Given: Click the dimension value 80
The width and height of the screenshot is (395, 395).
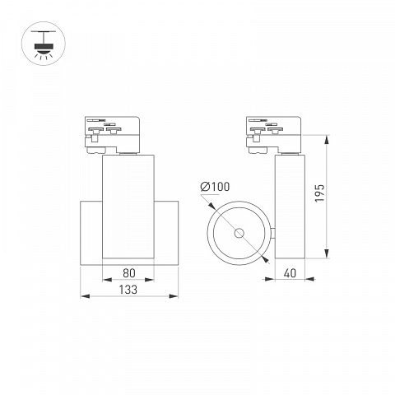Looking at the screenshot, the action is click(129, 273).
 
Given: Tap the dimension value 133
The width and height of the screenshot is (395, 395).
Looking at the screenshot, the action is click(128, 290).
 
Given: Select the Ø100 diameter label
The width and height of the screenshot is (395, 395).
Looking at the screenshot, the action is click(215, 187).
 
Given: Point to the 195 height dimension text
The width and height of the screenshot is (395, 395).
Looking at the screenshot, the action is click(319, 193).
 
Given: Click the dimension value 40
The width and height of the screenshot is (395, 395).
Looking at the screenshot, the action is click(290, 273).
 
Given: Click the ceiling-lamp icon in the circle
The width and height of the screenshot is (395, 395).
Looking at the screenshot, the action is click(44, 44).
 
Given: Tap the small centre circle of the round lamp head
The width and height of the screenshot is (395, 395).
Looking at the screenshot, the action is click(239, 233).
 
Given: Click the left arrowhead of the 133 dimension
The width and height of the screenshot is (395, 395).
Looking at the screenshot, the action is click(85, 296).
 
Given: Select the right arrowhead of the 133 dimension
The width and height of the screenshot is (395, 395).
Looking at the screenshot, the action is click(174, 296).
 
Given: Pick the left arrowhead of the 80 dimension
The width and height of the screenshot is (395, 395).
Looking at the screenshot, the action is click(107, 280).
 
